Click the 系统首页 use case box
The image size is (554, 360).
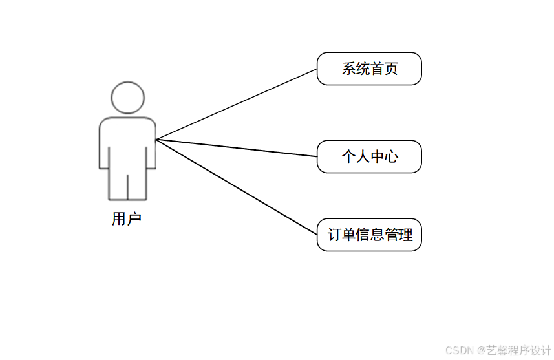[369, 69]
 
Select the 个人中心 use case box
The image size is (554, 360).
[369, 156]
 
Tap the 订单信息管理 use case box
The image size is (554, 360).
[369, 235]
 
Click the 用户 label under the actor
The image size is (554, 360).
[127, 219]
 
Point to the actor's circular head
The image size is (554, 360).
[127, 98]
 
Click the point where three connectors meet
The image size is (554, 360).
[157, 139]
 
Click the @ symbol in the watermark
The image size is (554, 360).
[481, 350]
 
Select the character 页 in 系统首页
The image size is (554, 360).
[391, 69]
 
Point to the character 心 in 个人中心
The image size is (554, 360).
[391, 156]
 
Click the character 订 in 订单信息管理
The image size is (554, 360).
[335, 235]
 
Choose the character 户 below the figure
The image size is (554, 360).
[134, 219]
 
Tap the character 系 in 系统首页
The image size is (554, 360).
[349, 69]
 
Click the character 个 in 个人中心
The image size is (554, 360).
[349, 156]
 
